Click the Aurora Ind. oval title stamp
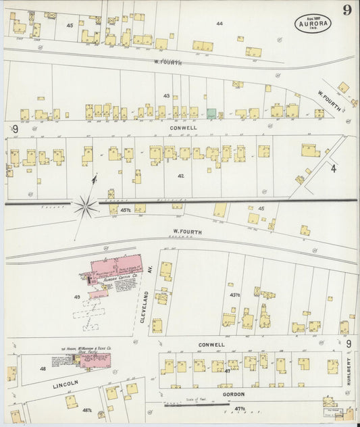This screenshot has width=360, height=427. [x=313, y=24]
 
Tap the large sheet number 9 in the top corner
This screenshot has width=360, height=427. [x=346, y=10]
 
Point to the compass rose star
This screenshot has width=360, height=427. [x=86, y=204]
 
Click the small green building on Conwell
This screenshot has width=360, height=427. [x=211, y=112]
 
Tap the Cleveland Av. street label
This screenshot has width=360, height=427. [x=145, y=307]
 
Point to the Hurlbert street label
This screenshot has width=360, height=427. [x=349, y=372]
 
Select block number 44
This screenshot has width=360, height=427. [x=219, y=24]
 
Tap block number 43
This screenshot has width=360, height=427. [x=166, y=96]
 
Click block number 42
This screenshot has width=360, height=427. [x=180, y=176]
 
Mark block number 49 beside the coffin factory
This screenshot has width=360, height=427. [x=77, y=297]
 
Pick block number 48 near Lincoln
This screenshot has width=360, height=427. [x=43, y=369]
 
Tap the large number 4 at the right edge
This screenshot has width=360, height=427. [x=333, y=168]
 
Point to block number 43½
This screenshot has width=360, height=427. [x=235, y=295]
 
